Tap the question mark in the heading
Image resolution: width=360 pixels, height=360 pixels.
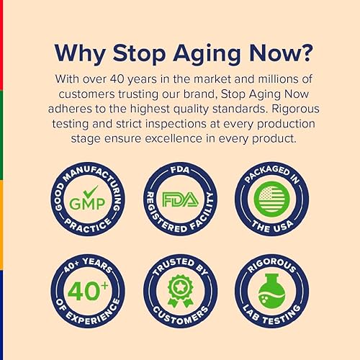305,54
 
